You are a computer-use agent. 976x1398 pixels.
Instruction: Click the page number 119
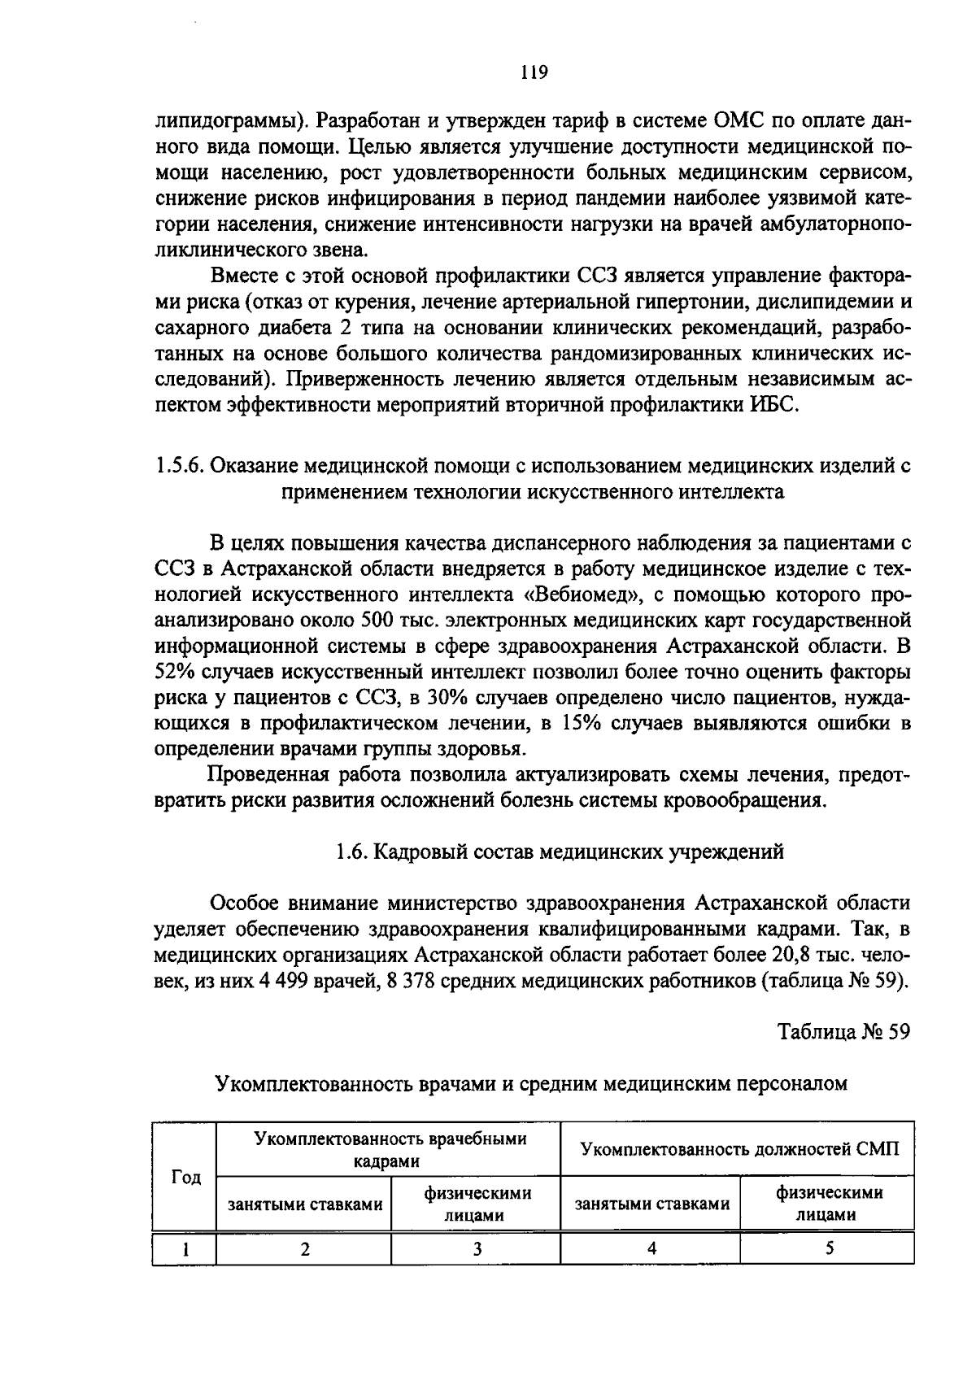[534, 72]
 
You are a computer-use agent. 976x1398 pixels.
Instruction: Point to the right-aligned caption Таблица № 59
[843, 1031]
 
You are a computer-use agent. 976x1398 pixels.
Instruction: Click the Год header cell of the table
[185, 1178]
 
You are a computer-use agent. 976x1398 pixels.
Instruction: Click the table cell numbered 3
[477, 1250]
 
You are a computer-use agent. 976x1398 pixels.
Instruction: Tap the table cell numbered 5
[828, 1250]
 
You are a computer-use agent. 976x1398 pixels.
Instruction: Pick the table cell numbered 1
[185, 1250]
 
